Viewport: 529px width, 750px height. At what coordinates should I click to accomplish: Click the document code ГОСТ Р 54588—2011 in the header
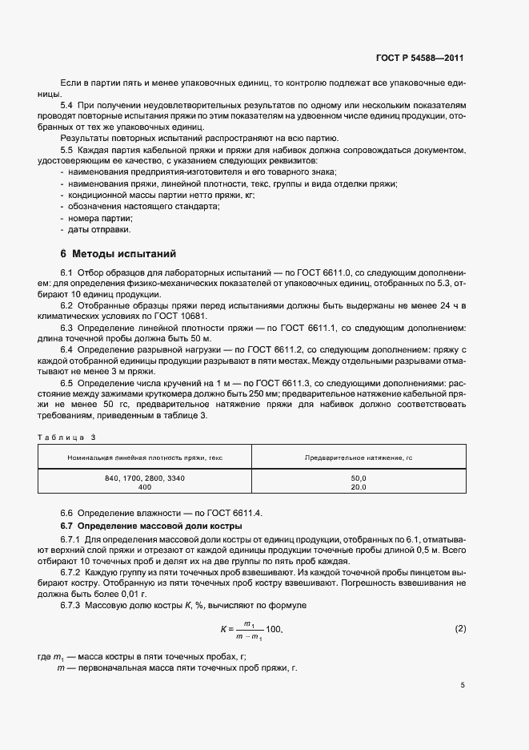coord(420,58)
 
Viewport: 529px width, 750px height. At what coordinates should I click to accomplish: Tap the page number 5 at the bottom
coord(463,685)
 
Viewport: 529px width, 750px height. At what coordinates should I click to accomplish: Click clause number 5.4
coord(67,105)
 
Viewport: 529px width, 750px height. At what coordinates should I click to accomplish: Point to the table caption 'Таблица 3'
coord(66,437)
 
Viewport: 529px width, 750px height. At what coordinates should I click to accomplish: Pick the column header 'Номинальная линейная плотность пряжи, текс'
coord(145,456)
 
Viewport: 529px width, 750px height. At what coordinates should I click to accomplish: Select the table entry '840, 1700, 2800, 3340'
coord(145,478)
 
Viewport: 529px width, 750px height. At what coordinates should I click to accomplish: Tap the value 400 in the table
coord(145,487)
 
